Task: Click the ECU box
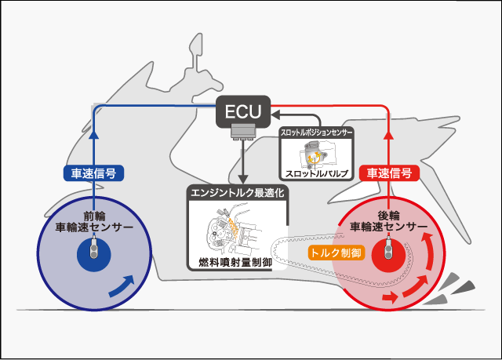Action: point(242,111)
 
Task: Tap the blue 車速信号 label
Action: point(93,173)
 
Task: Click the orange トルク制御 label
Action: point(335,253)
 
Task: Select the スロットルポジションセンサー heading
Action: point(318,133)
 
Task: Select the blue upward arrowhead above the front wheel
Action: point(93,135)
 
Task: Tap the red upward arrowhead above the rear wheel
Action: point(389,135)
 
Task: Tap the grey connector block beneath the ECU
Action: point(242,135)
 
